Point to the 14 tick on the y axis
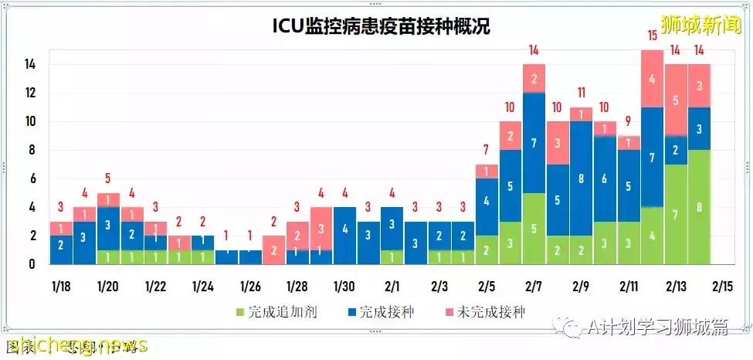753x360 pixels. point(30,65)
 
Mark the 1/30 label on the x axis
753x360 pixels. point(344,287)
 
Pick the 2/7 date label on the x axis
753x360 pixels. point(533,287)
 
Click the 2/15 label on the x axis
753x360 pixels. point(723,287)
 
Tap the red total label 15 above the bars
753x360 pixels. point(653,35)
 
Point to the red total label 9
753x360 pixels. point(629,121)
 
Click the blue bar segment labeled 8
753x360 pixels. point(581,178)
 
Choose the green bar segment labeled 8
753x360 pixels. point(699,207)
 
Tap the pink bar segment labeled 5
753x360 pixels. point(676,100)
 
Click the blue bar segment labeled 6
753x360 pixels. point(605,178)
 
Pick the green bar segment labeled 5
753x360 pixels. point(534,229)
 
